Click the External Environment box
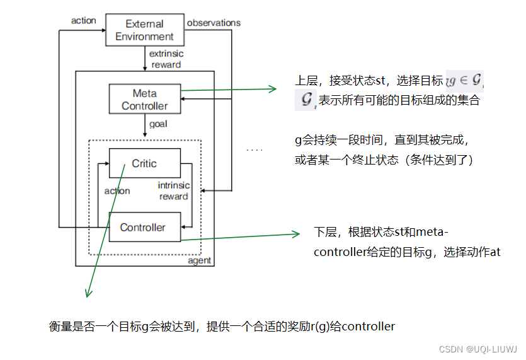point(144,30)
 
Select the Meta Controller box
point(144,100)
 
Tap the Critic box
point(144,163)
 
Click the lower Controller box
point(144,228)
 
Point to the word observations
point(214,23)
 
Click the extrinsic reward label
point(166,59)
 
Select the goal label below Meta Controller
point(157,124)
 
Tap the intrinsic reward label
point(173,191)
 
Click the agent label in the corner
point(200,260)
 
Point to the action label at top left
point(83,21)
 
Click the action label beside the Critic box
point(117,191)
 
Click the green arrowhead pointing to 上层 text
point(272,90)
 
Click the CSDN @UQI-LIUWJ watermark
point(478,349)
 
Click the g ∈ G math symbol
point(466,81)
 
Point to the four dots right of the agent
point(254,150)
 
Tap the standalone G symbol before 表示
point(306,100)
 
